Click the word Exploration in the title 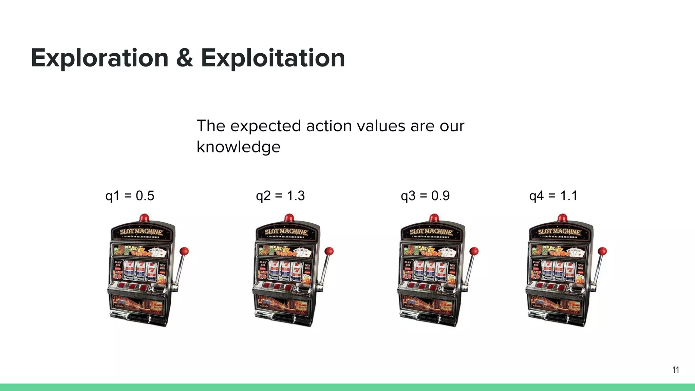tap(99, 58)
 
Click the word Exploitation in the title tap(273, 58)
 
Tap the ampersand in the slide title tap(185, 58)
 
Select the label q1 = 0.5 tap(130, 196)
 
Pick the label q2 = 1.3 tap(280, 196)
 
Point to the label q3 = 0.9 tap(425, 196)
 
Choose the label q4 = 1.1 tap(553, 196)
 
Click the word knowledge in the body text tap(239, 147)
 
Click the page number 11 tap(676, 370)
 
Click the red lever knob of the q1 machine tap(184, 252)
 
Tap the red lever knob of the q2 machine tap(329, 252)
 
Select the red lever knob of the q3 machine tap(474, 252)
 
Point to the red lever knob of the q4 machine tap(602, 252)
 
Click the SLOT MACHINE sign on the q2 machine tap(286, 232)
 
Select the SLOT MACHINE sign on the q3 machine tap(431, 232)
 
